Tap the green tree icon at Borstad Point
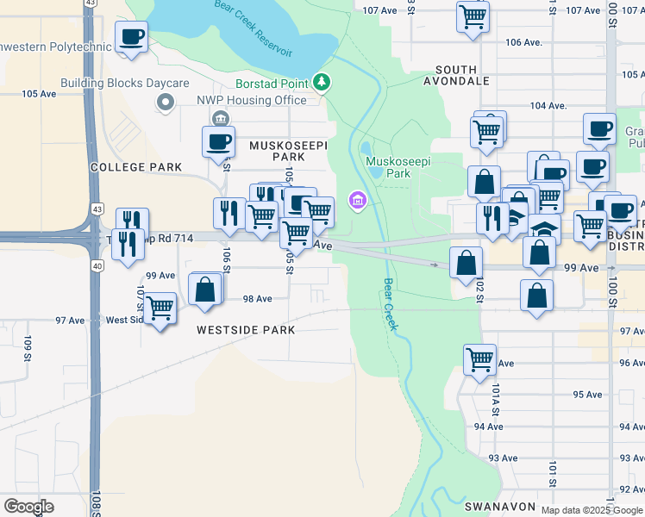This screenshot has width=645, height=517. click(322, 83)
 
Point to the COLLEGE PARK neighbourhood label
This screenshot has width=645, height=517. click(135, 167)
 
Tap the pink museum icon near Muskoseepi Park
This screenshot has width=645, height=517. click(357, 202)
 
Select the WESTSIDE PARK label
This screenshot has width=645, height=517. click(246, 330)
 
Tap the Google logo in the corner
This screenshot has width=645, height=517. click(28, 507)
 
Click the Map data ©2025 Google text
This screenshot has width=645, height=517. click(591, 510)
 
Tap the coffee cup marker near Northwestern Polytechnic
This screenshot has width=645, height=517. click(131, 37)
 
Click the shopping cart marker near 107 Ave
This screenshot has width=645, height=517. click(473, 16)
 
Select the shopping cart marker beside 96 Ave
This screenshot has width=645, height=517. click(479, 358)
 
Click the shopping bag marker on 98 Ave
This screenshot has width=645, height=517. click(205, 290)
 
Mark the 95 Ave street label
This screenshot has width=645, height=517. click(587, 395)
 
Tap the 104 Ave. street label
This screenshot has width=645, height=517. click(548, 106)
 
